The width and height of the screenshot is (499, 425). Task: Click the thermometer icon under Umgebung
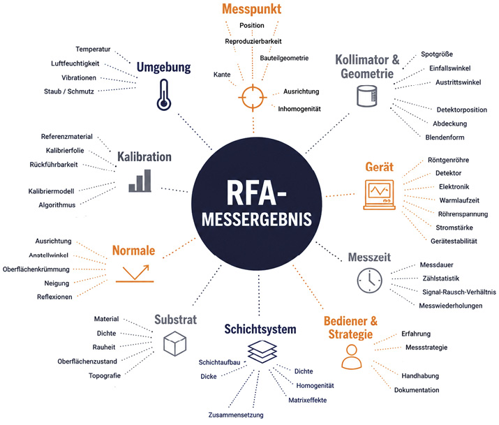coord(163,95)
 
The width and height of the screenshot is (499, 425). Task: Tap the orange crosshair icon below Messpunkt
coord(253,97)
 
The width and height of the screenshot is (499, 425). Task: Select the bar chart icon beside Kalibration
coord(140,181)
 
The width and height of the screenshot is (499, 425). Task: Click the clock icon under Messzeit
coord(369,281)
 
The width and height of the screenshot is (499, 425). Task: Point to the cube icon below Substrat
coord(174,343)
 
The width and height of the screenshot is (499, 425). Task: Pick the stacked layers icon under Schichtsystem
coord(262,352)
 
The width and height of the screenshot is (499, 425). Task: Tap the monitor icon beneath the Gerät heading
coord(380,195)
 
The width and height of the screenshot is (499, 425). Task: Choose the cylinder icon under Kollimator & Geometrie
coord(366,96)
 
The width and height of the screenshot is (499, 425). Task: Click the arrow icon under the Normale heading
coord(135,274)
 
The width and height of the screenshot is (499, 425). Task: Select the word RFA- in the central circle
coord(256,193)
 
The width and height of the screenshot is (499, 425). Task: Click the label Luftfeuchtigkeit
coord(75,64)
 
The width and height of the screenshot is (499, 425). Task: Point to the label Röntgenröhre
coord(448,160)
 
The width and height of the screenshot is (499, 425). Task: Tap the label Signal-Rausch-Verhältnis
coord(459,292)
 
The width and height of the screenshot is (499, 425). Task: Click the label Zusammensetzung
coord(236,415)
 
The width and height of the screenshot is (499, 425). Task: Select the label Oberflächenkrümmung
coord(36,269)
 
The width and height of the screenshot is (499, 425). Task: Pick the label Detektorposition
coord(462,110)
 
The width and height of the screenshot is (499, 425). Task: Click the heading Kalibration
coord(144,157)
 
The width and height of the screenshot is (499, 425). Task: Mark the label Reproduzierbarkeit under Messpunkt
coord(253,41)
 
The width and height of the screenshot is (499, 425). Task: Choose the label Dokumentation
coord(417,390)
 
